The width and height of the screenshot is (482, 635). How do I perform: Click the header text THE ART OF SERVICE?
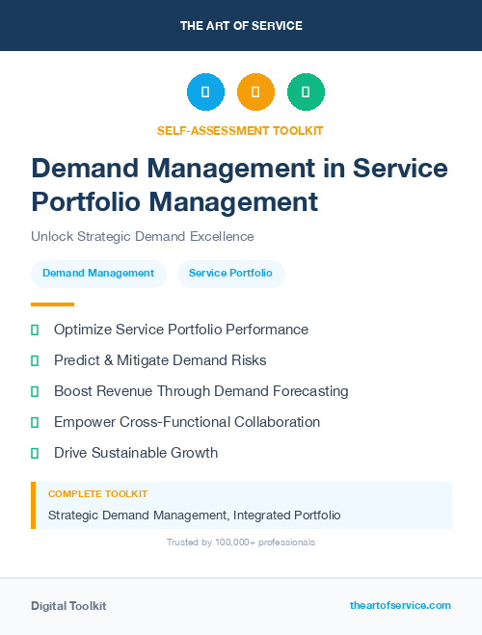pos(241,25)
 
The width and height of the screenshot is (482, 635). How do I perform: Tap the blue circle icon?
pos(205,93)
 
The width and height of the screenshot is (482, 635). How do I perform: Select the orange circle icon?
pos(255,93)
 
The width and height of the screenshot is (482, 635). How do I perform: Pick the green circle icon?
pos(306,93)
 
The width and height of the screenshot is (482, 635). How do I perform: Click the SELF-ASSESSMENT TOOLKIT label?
pos(240,130)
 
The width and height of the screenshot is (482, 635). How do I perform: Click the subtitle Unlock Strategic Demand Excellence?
pos(142,236)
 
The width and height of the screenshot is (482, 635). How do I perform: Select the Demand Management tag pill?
pos(98,274)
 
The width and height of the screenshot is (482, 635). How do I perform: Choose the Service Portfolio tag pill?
pos(230,274)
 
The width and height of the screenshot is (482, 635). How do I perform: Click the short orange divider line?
pos(52,304)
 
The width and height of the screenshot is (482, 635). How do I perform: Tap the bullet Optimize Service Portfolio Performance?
pos(181,330)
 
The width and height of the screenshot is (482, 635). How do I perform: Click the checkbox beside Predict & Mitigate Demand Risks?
pos(35,360)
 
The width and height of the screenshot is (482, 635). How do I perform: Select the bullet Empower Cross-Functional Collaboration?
pos(187,422)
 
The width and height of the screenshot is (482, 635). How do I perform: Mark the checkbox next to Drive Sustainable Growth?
pos(35,453)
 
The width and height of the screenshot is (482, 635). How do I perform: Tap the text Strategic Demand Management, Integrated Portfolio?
pos(194,516)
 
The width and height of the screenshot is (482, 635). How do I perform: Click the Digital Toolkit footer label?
pos(68,606)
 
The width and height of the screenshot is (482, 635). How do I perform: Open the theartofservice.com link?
pos(400,605)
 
